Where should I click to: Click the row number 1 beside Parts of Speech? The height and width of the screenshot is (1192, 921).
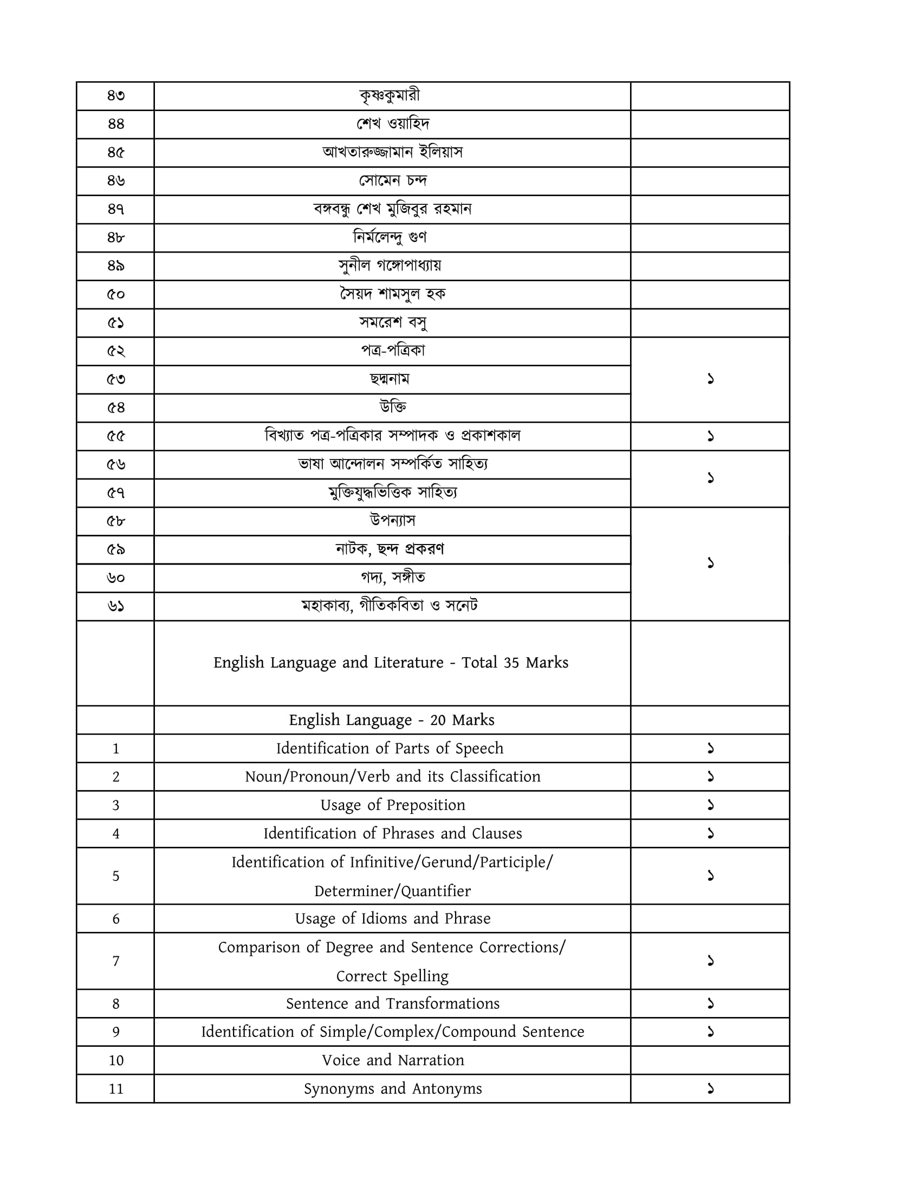point(116,749)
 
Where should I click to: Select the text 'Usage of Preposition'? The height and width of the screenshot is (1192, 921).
point(392,805)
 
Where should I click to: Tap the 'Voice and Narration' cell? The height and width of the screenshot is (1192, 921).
point(392,1060)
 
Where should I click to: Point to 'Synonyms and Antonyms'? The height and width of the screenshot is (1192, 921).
point(392,1089)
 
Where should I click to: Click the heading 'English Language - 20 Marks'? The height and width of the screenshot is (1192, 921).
point(391,720)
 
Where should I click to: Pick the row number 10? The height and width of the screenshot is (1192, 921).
point(116,1060)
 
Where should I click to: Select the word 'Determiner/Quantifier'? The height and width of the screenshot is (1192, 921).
point(392,891)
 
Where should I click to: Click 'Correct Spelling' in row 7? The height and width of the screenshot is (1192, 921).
point(392,976)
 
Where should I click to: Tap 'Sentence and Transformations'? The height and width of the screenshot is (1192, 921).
point(392,1003)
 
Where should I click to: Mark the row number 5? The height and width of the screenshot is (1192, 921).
point(116,876)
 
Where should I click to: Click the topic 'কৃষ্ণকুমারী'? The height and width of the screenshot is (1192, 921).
point(390,96)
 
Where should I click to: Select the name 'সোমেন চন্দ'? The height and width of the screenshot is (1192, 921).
point(392,180)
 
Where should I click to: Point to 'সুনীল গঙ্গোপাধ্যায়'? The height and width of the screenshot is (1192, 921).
point(390,266)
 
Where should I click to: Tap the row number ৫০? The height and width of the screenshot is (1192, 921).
point(116,295)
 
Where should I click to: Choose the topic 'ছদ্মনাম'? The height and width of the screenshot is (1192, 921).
point(390,379)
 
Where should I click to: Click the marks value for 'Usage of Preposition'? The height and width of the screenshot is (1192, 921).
point(710,805)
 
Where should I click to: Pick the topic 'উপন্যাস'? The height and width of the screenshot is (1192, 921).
point(392,521)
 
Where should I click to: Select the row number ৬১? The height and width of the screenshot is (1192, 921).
point(116,606)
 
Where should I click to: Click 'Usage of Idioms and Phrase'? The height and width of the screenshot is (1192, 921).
point(392,918)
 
